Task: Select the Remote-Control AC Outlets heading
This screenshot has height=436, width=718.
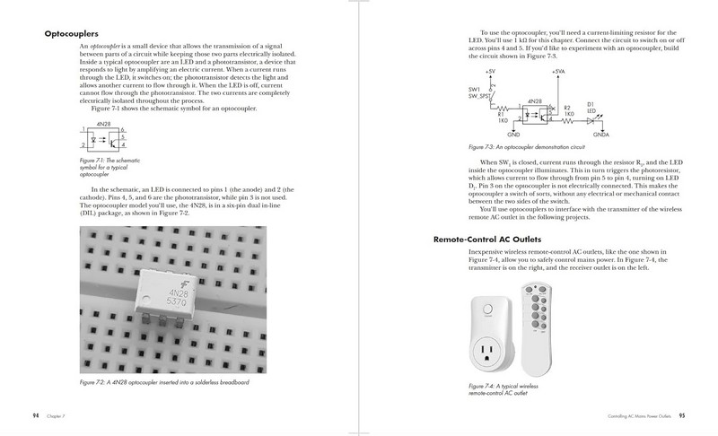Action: tap(497, 240)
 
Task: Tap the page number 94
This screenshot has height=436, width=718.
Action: tap(35, 415)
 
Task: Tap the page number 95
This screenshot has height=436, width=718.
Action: tap(681, 415)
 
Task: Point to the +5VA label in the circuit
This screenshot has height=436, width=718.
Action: tap(557, 71)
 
